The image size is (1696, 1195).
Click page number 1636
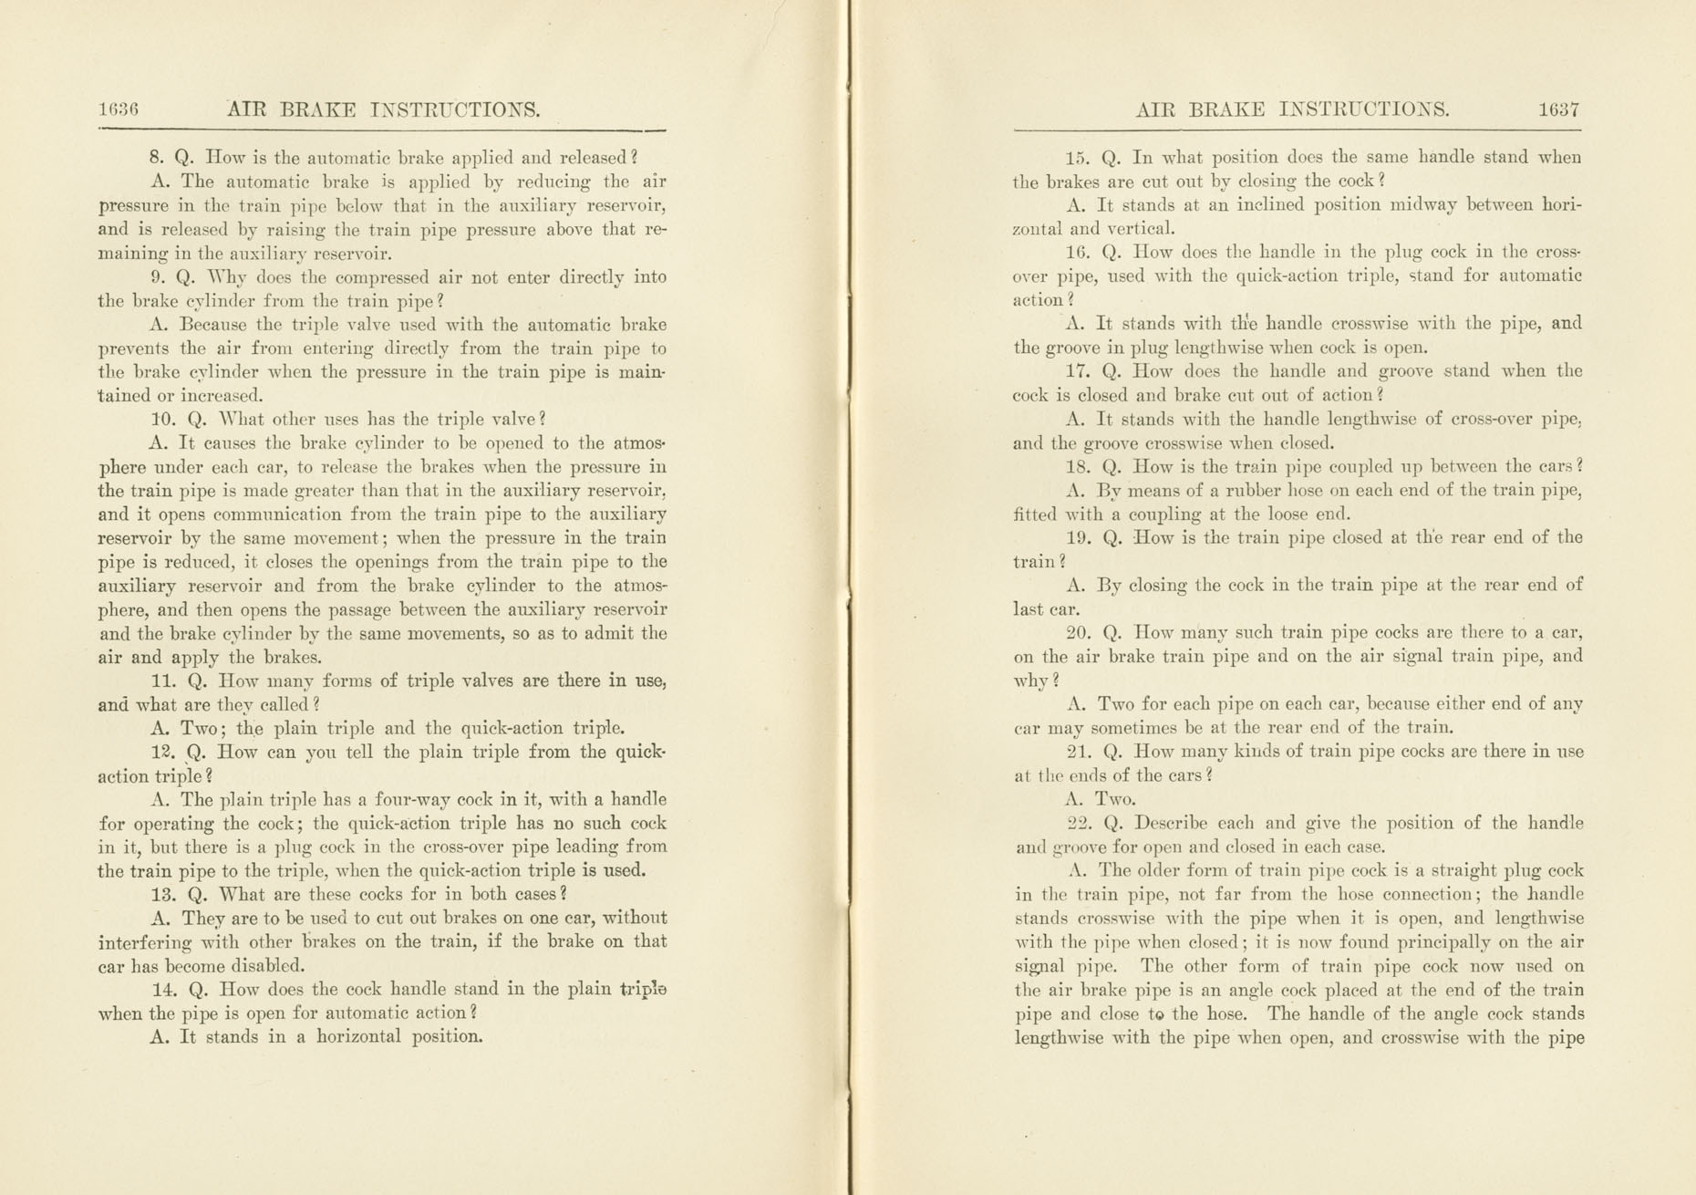click(x=118, y=110)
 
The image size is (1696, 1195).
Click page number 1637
click(x=1558, y=110)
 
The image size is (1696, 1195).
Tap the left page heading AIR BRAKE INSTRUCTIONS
click(x=383, y=110)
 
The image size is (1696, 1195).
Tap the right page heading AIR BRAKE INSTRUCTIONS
click(x=1292, y=110)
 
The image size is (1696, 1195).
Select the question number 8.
click(x=155, y=158)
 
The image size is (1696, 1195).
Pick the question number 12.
click(x=161, y=753)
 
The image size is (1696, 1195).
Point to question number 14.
click(x=163, y=990)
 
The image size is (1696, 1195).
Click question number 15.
click(x=1078, y=158)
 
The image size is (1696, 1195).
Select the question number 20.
click(x=1079, y=632)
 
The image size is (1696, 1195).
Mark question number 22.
click(x=1079, y=823)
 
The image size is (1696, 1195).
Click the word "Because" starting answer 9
click(x=214, y=325)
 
